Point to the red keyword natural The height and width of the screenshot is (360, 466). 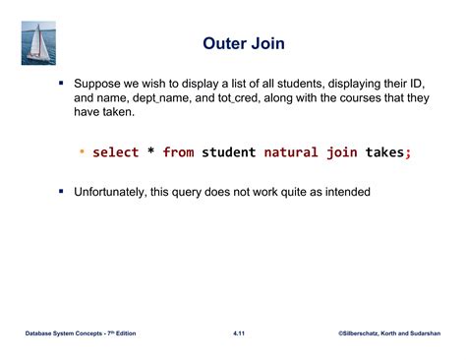296,152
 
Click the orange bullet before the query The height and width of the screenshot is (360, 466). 83,152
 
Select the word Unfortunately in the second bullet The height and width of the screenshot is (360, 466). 112,191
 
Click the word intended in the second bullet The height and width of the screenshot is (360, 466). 346,191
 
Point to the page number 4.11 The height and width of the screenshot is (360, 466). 239,335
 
